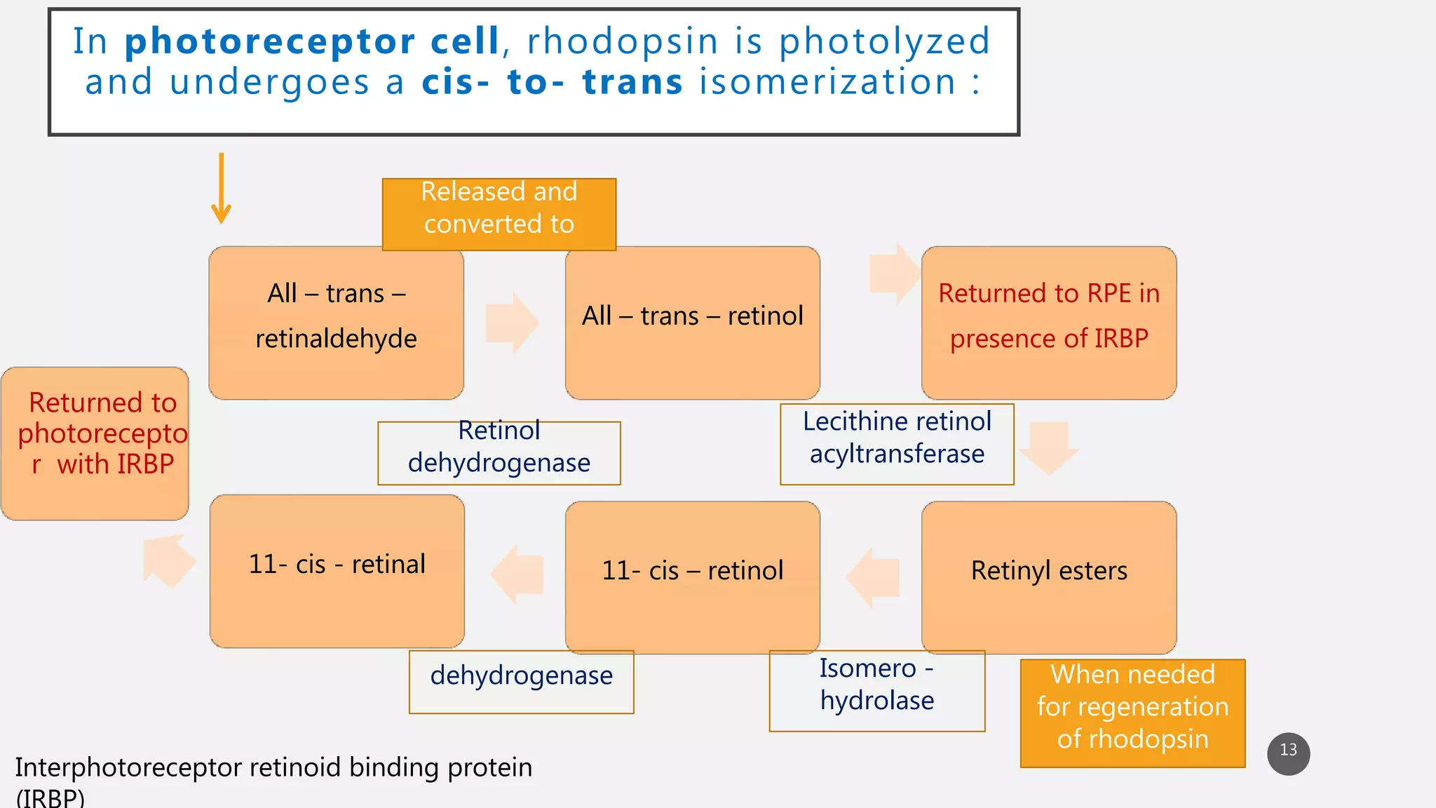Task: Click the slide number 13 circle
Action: (x=1288, y=753)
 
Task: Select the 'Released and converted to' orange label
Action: (x=499, y=214)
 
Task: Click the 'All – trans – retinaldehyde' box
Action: (x=336, y=323)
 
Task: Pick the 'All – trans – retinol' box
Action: (x=692, y=323)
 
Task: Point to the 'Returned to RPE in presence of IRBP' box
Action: (x=1048, y=323)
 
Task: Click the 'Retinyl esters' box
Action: (x=1048, y=577)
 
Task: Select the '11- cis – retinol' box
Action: (x=692, y=577)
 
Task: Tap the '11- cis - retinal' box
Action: (x=337, y=571)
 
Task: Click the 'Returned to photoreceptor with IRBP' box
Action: (x=95, y=443)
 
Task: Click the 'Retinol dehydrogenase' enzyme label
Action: (x=499, y=452)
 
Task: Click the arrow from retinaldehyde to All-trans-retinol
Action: (x=513, y=323)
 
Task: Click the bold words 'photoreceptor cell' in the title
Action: (x=311, y=41)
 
